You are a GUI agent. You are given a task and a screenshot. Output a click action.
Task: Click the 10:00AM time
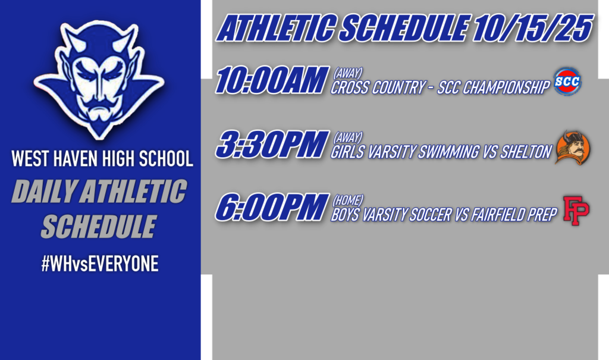[x=271, y=82]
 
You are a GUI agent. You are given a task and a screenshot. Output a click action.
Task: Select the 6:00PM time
[x=271, y=208]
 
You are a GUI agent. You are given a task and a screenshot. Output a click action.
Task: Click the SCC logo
[x=567, y=82]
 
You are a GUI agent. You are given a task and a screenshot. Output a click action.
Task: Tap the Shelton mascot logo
[x=572, y=148]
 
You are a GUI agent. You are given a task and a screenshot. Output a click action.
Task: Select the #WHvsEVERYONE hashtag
[x=99, y=264]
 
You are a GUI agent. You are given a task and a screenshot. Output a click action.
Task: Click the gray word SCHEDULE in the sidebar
[x=98, y=226]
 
